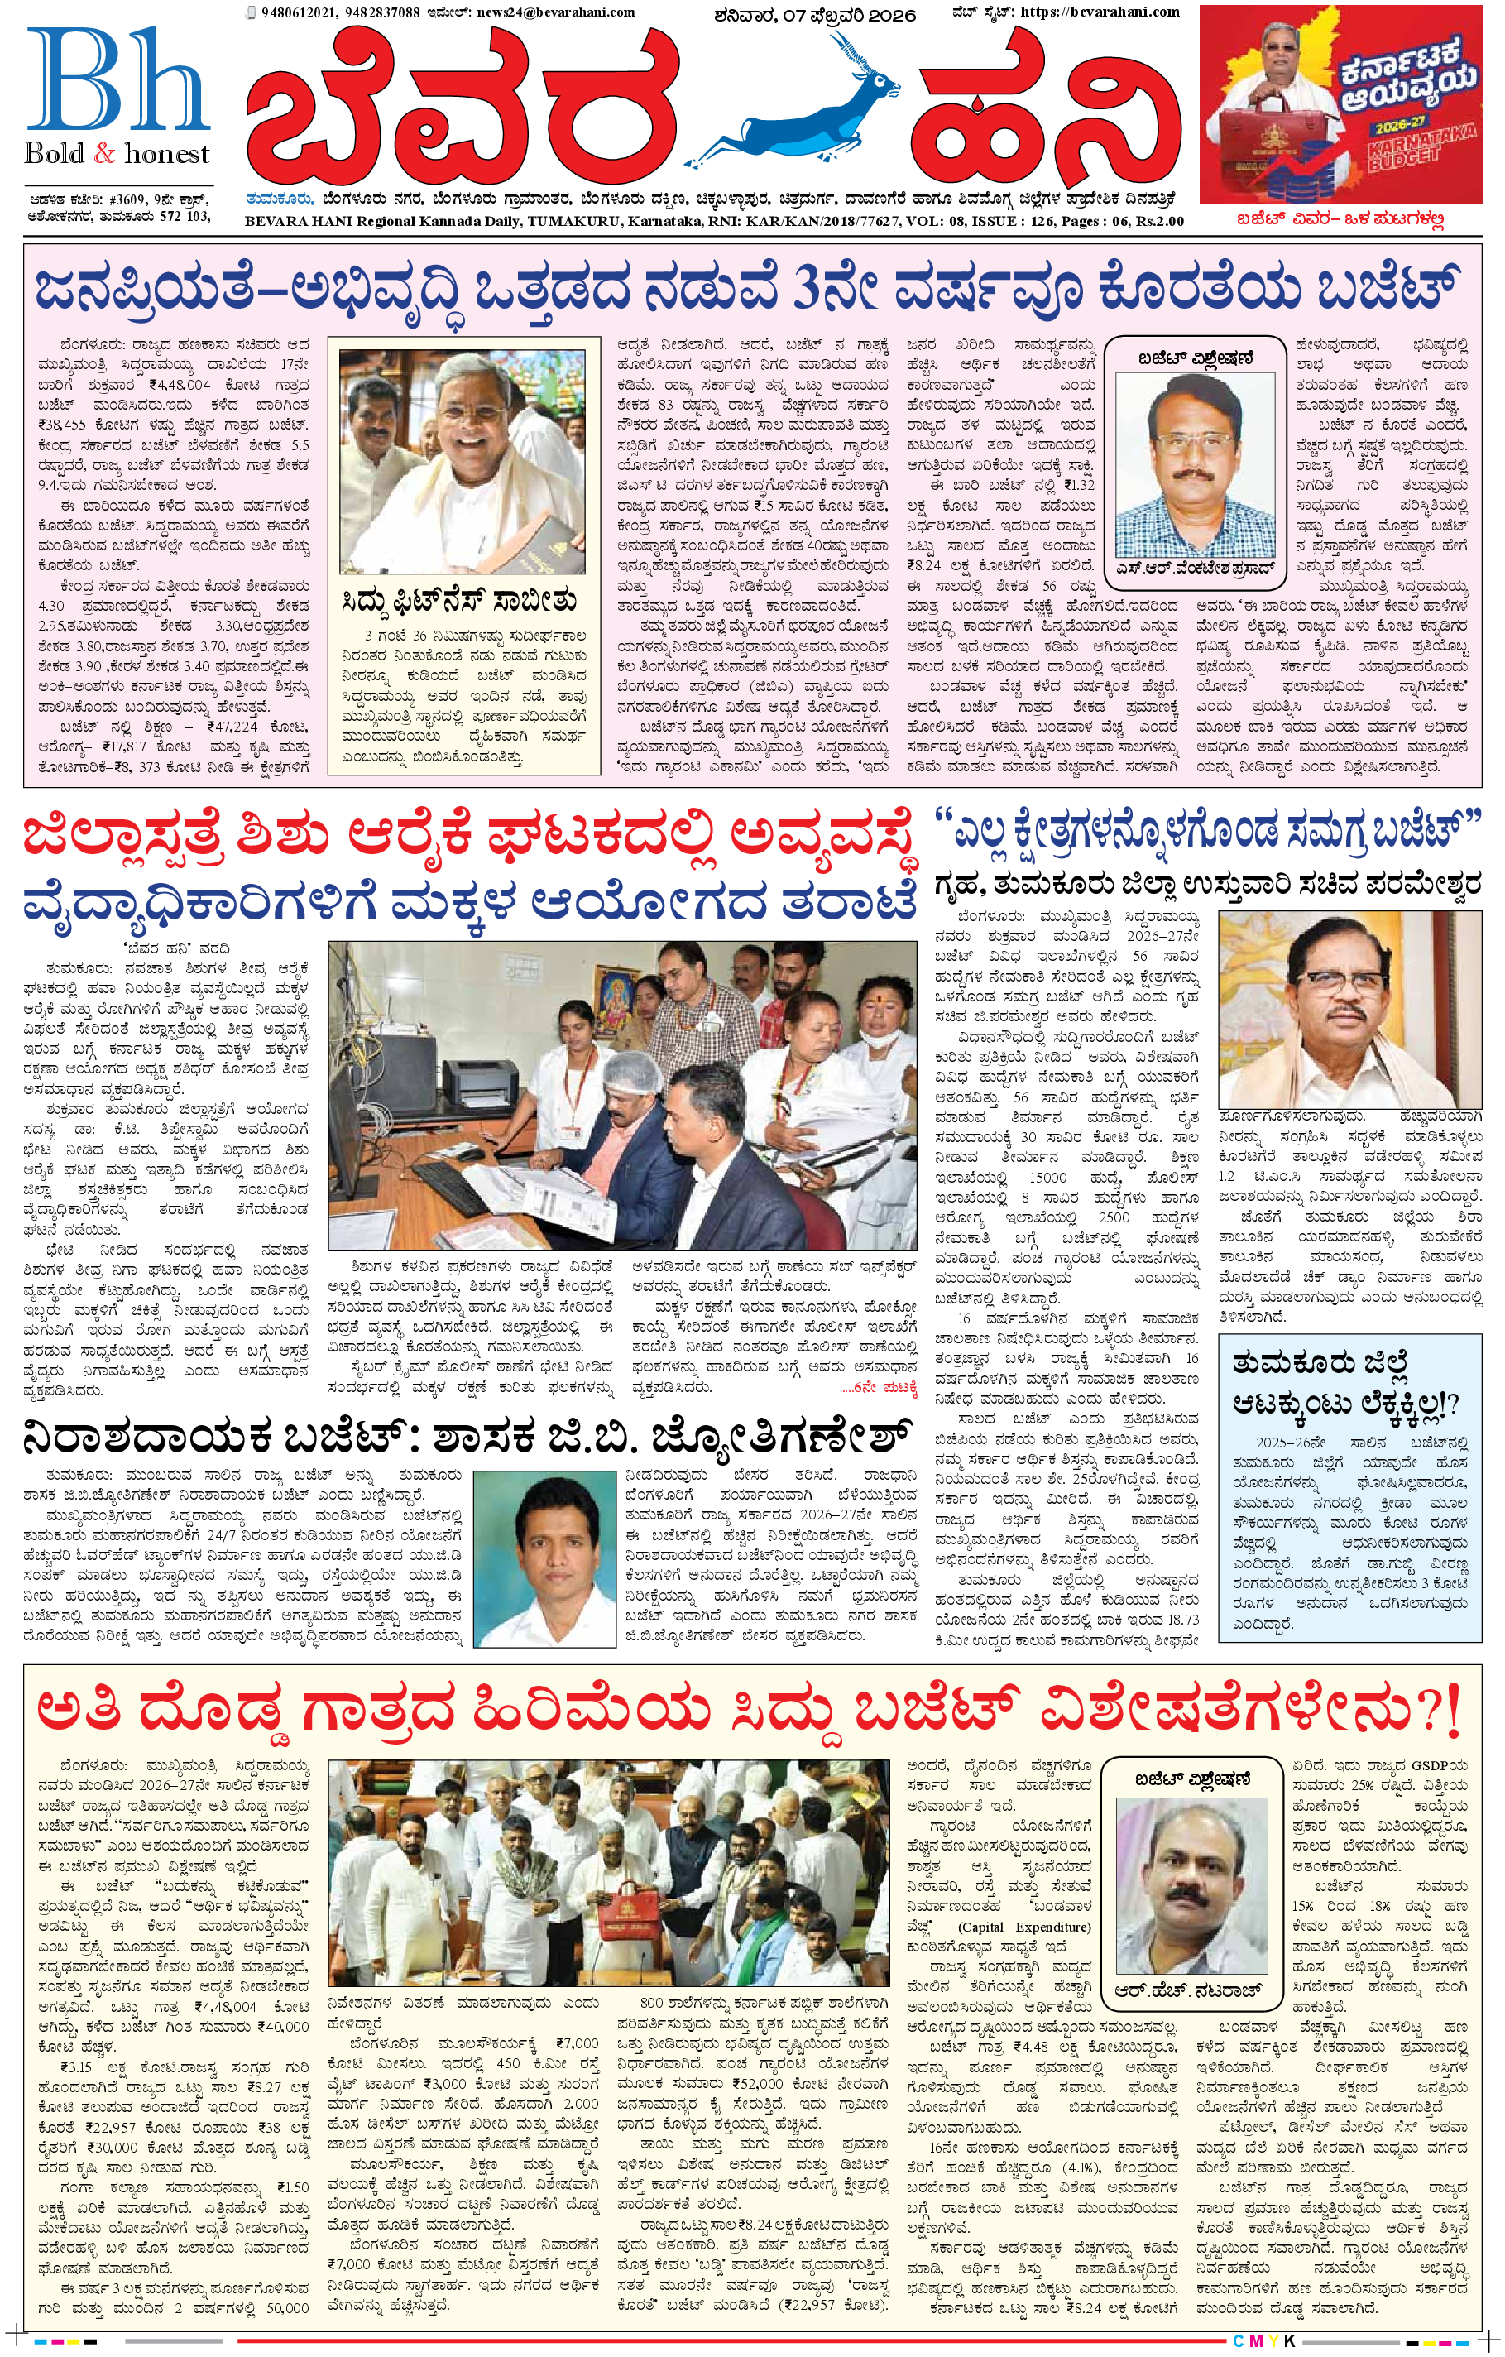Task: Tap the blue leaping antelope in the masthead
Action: pyautogui.click(x=803, y=108)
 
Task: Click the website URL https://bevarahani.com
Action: pyautogui.click(x=1099, y=12)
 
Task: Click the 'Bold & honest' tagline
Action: pyautogui.click(x=117, y=154)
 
